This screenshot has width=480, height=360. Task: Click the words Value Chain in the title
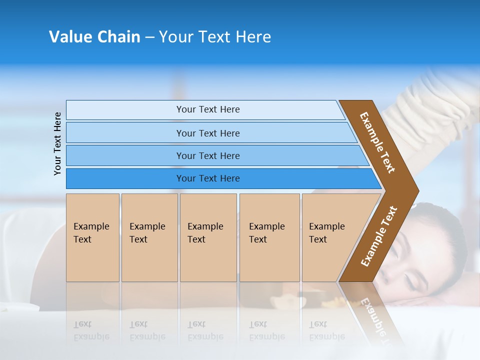[x=94, y=37]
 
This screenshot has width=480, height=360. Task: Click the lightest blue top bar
[x=207, y=109]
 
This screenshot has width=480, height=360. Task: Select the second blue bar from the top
[x=207, y=133]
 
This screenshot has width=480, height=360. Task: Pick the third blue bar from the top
[x=207, y=155]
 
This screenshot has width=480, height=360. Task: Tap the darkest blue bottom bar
[x=207, y=178]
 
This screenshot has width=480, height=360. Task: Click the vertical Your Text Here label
[x=57, y=143]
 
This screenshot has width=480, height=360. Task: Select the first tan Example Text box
[x=92, y=237]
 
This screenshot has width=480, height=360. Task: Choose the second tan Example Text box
[x=149, y=237]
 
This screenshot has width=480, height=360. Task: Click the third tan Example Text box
[x=207, y=237]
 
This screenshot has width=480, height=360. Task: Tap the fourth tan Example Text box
[x=269, y=237]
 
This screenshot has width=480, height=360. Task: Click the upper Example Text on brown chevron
[x=377, y=142]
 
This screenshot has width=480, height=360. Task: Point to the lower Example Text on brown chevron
[x=379, y=236]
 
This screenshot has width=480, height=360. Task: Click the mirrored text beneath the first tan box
[x=91, y=330]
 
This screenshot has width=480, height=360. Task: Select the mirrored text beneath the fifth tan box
[x=326, y=330]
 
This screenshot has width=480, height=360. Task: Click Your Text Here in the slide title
[x=215, y=37]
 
